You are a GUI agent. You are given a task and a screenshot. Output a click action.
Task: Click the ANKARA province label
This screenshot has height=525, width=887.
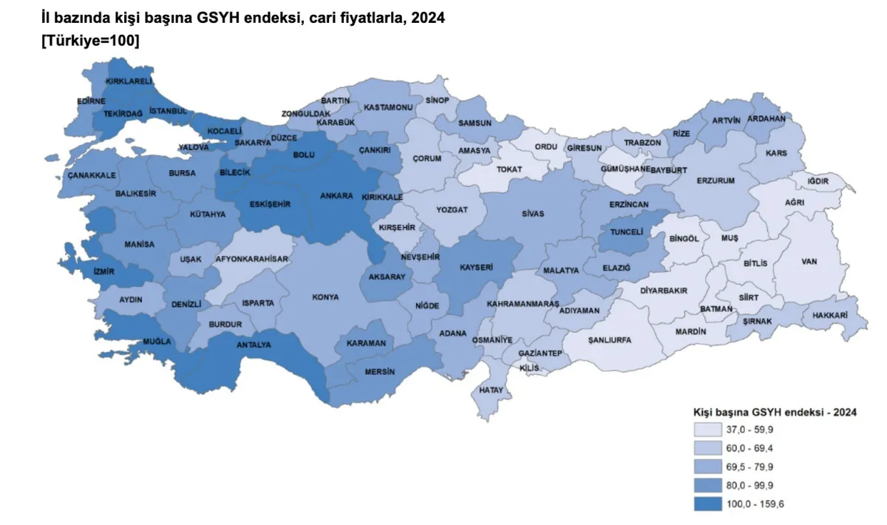[x=336, y=197]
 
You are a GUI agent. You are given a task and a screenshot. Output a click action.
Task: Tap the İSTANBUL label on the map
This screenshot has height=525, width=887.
[x=169, y=111]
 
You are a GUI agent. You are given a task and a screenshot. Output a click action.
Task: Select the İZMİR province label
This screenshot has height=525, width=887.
[x=103, y=271]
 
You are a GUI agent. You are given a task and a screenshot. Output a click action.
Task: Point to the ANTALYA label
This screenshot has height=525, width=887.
[x=254, y=345]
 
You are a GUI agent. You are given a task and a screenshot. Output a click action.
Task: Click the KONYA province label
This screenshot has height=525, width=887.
[x=325, y=297]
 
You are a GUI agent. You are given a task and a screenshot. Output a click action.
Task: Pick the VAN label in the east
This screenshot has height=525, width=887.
[x=809, y=261]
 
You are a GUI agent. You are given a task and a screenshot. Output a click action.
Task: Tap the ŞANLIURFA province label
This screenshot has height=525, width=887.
[x=610, y=340]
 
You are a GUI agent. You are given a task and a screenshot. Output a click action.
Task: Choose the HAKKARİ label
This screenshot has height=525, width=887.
[x=829, y=315]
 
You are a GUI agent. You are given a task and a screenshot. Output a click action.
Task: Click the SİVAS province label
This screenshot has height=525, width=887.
[x=532, y=214]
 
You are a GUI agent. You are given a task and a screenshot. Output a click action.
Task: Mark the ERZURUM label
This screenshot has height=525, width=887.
[x=715, y=180]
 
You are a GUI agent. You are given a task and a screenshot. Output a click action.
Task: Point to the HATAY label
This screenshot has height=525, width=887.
[x=491, y=390]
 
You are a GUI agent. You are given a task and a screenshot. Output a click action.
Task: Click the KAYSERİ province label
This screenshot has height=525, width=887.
[x=476, y=267]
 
